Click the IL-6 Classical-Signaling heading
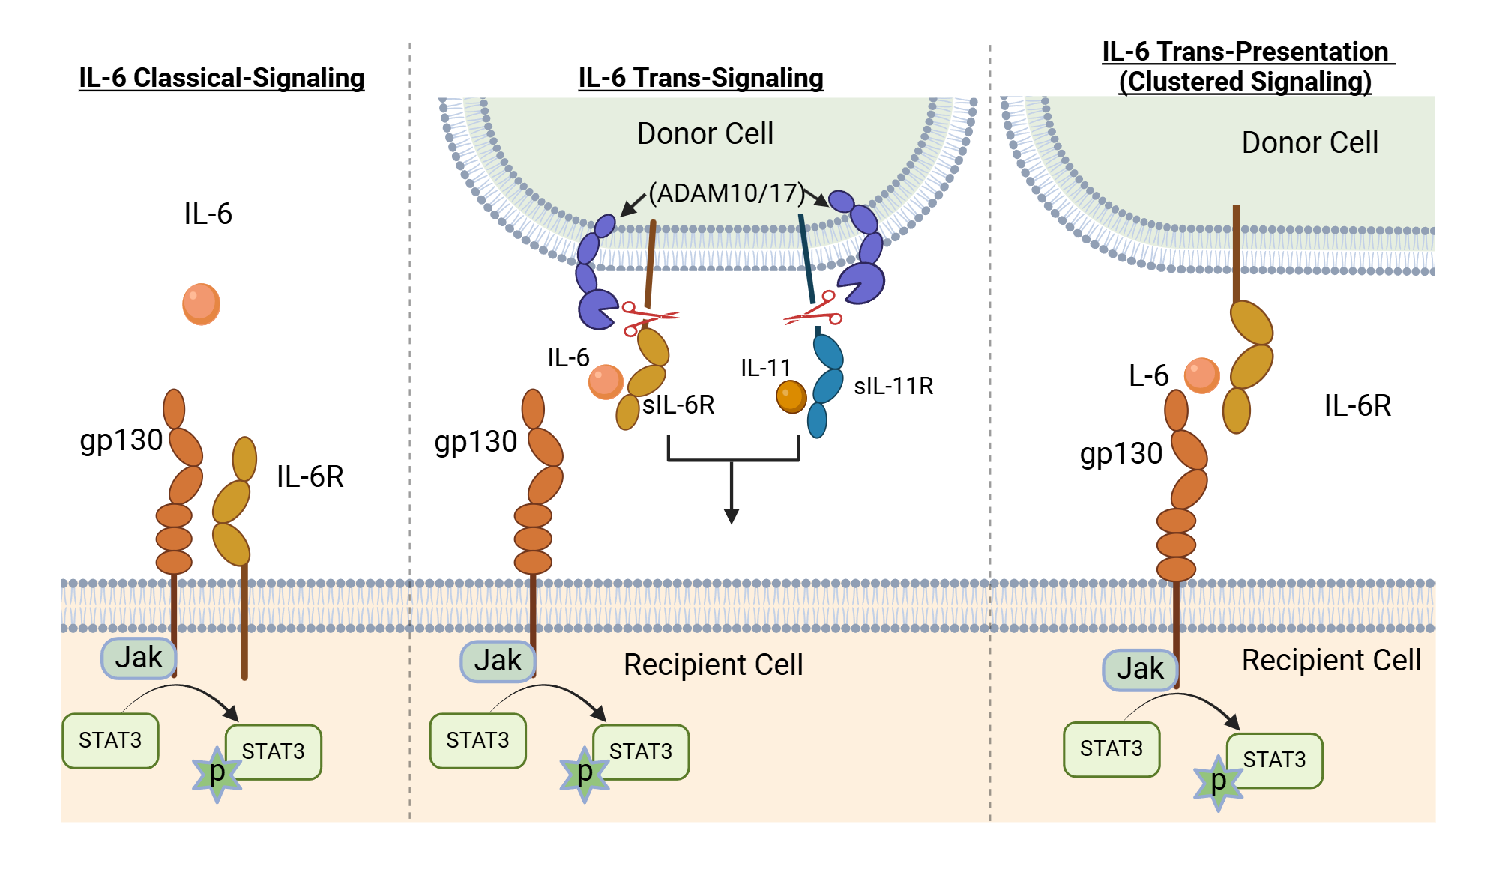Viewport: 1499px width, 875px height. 221,78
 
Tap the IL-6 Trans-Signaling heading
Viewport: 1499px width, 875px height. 700,78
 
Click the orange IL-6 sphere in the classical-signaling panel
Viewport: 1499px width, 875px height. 201,303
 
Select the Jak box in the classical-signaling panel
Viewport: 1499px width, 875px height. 139,658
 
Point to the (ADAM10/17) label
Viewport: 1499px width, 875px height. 726,193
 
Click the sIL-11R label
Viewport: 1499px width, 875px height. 893,386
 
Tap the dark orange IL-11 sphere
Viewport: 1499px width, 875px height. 791,396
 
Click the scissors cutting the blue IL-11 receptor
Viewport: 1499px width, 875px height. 815,310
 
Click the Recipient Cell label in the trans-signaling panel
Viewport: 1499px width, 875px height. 713,664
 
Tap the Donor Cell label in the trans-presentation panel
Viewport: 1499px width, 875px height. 1309,142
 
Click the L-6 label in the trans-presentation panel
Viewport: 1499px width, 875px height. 1148,375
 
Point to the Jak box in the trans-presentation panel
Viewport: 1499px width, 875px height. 1139,669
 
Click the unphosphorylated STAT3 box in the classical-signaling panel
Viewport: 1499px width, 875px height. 110,740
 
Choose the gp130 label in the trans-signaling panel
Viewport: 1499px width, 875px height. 475,442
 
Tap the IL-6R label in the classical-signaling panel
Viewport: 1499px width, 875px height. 310,476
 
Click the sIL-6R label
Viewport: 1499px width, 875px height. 678,405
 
